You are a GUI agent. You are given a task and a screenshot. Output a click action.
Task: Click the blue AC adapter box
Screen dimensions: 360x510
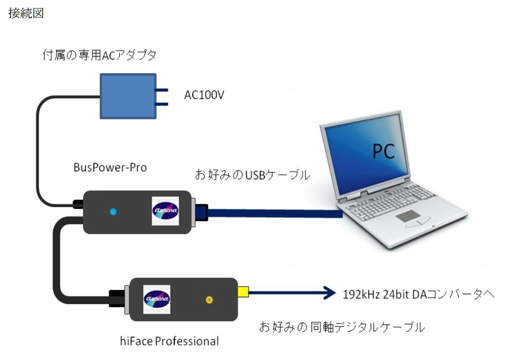(127, 96)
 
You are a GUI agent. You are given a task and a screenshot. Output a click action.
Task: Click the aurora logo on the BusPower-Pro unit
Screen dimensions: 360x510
(165, 210)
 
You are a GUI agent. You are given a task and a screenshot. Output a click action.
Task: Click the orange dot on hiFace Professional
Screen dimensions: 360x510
(209, 300)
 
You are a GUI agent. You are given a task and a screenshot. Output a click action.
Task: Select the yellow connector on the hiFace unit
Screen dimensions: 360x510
(243, 292)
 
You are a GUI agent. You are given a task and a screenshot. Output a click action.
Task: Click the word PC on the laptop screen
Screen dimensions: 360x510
(383, 152)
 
